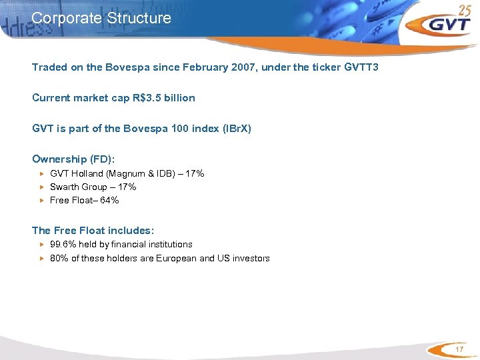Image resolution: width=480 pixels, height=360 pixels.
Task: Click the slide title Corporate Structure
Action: [x=101, y=18]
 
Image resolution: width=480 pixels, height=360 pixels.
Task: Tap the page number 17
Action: [x=458, y=351]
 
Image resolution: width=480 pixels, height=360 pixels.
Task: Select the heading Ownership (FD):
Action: [x=74, y=159]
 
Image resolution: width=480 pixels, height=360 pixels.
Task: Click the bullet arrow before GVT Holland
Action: [x=42, y=174]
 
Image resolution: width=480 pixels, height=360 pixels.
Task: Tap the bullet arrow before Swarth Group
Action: [x=42, y=187]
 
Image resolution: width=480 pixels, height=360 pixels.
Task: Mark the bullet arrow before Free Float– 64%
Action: [x=42, y=201]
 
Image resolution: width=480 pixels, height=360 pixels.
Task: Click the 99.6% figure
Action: [x=64, y=245]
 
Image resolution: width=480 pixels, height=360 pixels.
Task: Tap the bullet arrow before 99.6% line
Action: [x=42, y=245]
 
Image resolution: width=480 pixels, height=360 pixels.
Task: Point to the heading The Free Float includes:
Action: [x=93, y=230]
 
